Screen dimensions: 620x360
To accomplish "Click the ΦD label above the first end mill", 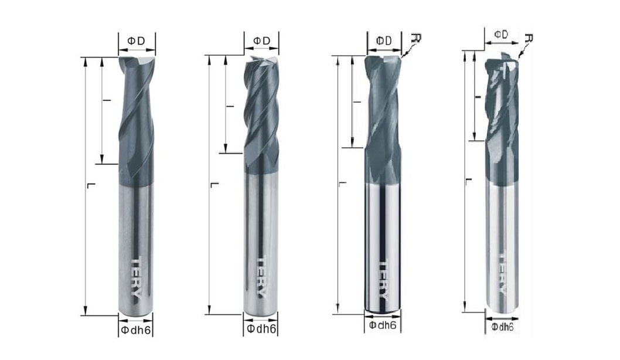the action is pos(136,40).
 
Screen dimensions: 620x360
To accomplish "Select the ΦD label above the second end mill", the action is pos(261,40).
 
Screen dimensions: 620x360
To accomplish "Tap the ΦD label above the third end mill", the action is pos(384,40).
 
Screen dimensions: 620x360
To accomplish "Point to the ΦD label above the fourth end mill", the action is pos(501,35).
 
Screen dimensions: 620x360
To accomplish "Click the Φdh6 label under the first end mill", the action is pos(135,330).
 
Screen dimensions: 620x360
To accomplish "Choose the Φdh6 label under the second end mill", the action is pos(261,328).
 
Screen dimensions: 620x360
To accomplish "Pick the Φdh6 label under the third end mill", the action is pos(382,325).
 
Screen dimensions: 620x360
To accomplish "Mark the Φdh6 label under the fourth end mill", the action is pos(502,327).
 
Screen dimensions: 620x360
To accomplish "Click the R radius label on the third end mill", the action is pos(415,38).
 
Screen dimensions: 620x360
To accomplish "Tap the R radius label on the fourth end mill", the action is pos(529,38).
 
